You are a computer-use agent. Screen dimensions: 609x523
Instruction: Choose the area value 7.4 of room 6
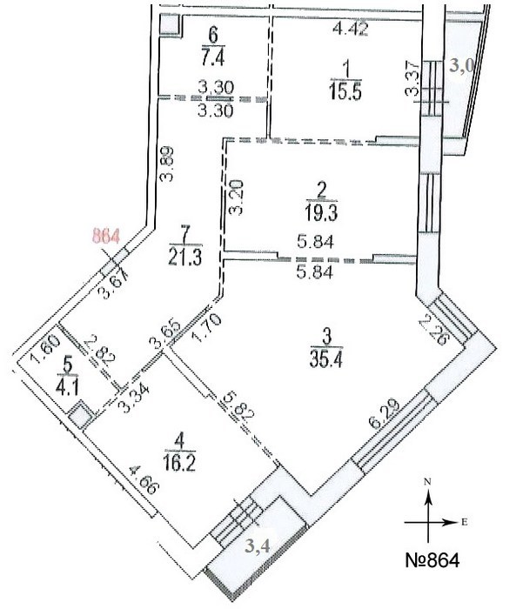tap(213, 58)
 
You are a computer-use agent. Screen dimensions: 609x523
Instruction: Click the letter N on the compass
tap(427, 480)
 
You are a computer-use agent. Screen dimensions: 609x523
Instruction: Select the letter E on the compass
tap(465, 523)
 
